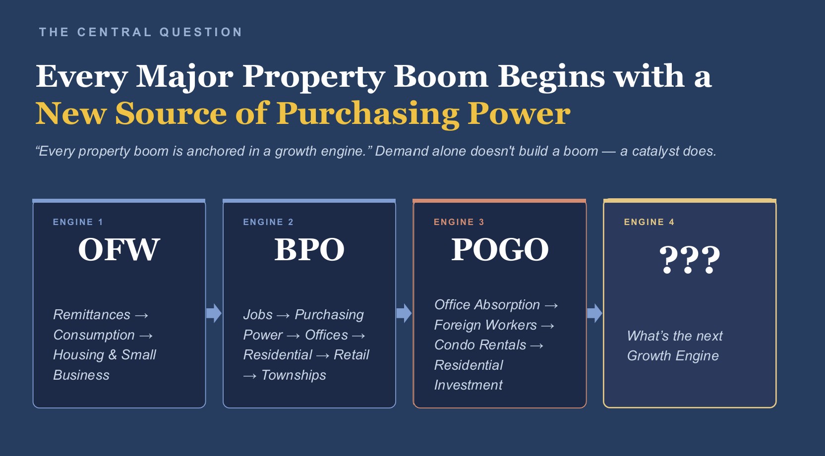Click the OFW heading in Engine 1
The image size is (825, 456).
tap(119, 250)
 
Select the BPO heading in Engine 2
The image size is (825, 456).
tap(309, 250)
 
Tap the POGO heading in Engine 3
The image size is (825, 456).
tap(500, 250)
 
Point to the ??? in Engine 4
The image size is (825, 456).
tap(690, 260)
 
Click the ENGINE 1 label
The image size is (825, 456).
tap(78, 222)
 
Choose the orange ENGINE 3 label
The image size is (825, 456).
tap(459, 222)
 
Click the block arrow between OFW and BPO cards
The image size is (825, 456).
tap(214, 313)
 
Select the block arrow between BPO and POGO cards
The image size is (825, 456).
tap(404, 313)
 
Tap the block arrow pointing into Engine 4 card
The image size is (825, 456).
tap(594, 313)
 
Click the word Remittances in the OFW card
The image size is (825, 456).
tap(92, 315)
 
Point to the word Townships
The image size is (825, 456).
tap(294, 375)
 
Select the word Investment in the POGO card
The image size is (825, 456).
tap(468, 385)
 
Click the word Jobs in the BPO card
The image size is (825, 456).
tap(258, 315)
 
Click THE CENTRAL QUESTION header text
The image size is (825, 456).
tap(141, 32)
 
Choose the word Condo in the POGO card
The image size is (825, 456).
tap(455, 345)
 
